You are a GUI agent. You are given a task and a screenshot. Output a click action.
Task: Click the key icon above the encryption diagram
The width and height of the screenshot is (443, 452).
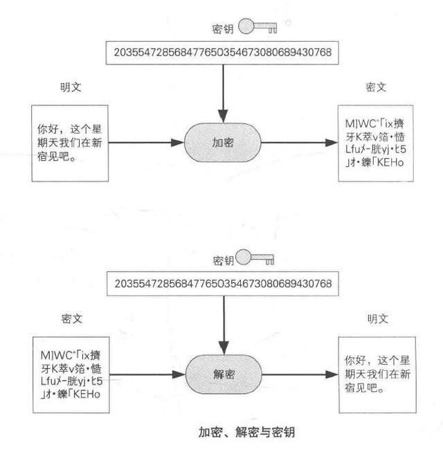[257, 26]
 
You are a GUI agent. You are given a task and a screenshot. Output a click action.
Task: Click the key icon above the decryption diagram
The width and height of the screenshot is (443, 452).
[255, 257]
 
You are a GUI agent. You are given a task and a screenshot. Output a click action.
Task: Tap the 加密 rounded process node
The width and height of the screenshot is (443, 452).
[222, 142]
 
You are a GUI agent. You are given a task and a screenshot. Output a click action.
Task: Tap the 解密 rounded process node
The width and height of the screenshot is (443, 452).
[224, 374]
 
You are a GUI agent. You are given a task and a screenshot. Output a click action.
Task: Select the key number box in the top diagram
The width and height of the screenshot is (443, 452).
[222, 53]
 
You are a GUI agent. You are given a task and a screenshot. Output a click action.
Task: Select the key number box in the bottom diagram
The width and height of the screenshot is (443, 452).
[223, 284]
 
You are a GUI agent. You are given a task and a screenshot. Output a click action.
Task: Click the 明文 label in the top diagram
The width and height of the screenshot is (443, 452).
[71, 87]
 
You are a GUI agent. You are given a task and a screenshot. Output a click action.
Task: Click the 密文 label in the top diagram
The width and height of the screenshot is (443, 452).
[376, 87]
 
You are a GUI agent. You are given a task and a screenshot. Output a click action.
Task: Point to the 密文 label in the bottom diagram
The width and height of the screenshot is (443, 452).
[72, 319]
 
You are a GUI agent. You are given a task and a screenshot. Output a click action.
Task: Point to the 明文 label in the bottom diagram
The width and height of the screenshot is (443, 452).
[378, 319]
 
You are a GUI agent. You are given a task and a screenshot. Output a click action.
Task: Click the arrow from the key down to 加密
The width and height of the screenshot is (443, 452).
[223, 94]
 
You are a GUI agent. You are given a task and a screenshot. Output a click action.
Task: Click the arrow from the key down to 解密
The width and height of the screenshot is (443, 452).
[224, 325]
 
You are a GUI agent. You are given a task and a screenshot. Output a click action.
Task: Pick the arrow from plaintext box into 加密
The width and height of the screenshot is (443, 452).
[146, 142]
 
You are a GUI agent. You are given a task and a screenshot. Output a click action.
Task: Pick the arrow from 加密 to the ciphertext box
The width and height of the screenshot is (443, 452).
[299, 142]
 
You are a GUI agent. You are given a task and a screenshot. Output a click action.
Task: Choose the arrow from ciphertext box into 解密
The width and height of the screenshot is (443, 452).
[147, 374]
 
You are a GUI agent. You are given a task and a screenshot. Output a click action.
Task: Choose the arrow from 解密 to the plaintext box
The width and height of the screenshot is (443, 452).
[300, 374]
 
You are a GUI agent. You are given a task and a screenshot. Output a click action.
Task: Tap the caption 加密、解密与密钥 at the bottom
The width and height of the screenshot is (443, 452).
[246, 432]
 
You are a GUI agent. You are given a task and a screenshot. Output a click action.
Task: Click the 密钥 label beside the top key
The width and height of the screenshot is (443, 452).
[222, 29]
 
